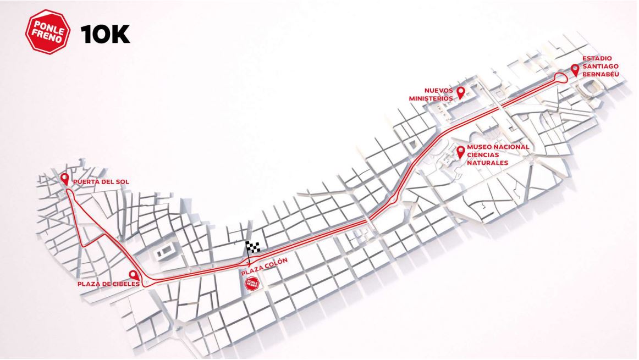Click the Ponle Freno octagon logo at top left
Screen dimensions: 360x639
[x=48, y=32]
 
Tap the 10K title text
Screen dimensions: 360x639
[x=105, y=34]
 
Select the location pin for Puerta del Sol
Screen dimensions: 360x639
[x=65, y=179]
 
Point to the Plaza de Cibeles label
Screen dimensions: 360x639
[x=104, y=284]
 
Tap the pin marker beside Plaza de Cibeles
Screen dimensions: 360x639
[x=133, y=275]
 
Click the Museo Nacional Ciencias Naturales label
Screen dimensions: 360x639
[x=498, y=155]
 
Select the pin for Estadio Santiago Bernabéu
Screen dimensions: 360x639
[x=575, y=70]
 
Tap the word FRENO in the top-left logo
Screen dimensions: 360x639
[x=48, y=39]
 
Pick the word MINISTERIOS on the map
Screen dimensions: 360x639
[x=431, y=98]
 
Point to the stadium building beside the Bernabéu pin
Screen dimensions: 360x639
[x=591, y=86]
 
